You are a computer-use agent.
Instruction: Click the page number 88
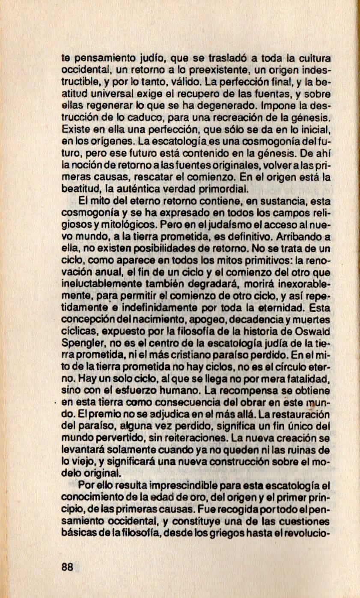(x=68, y=567)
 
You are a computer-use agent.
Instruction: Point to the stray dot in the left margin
(x=57, y=403)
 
